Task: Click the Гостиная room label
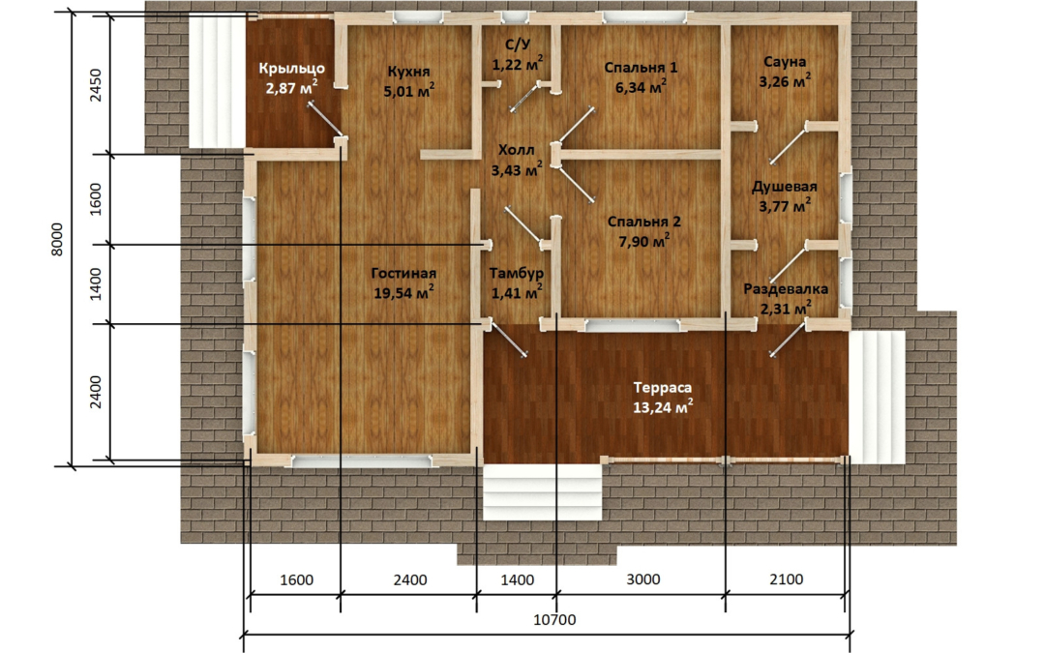click(403, 273)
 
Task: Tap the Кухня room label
click(408, 72)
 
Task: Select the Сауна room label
click(785, 62)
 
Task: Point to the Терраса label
click(663, 387)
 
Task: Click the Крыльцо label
click(292, 68)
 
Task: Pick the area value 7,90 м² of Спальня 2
click(643, 241)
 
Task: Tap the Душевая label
click(785, 188)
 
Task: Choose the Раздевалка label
click(786, 289)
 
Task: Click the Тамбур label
click(517, 273)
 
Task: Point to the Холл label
click(517, 150)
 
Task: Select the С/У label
click(518, 45)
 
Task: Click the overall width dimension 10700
click(554, 620)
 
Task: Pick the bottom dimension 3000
click(643, 579)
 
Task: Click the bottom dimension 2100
click(787, 579)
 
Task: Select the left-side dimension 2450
click(96, 84)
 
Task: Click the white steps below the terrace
click(542, 491)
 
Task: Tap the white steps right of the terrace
click(877, 398)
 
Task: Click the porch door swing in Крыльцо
click(325, 121)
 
